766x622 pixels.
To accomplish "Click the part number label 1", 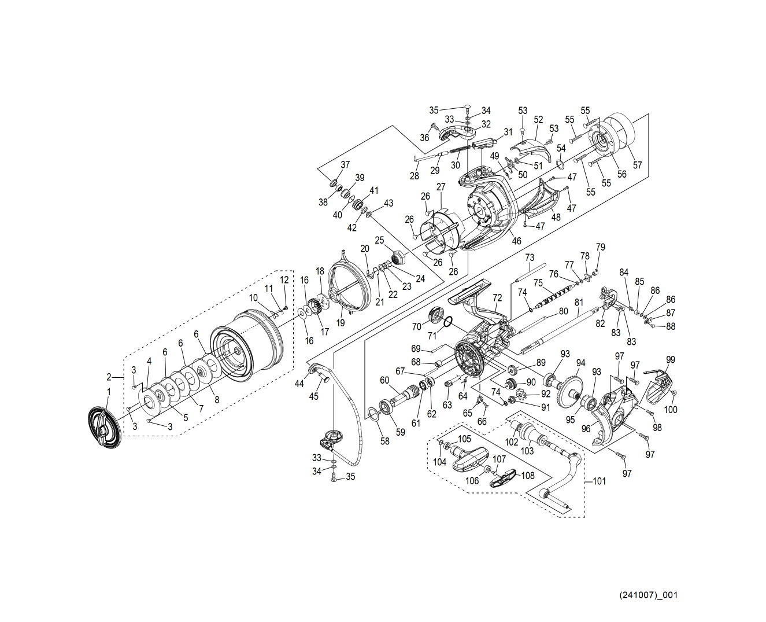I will tap(108, 392).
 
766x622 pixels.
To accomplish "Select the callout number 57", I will tap(638, 165).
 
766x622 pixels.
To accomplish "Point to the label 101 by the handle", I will tap(600, 481).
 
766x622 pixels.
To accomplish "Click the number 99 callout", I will tap(670, 359).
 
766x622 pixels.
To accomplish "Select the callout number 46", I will tap(516, 240).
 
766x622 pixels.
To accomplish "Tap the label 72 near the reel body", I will tap(497, 297).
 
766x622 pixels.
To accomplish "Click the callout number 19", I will tap(341, 322).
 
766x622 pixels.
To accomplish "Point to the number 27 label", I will tap(441, 187).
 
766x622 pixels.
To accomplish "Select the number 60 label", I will tap(384, 380).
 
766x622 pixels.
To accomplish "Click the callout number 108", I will tap(528, 476).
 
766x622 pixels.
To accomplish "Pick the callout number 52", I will tap(538, 119).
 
